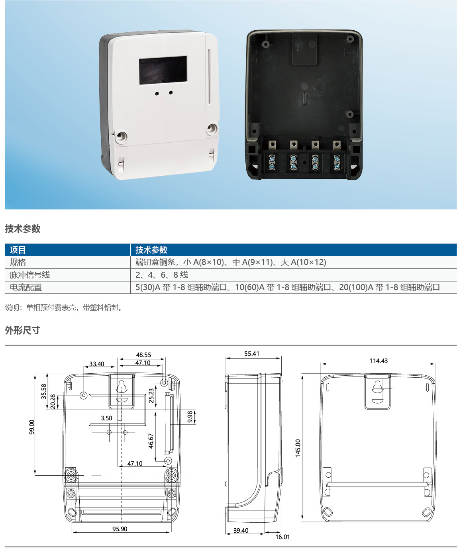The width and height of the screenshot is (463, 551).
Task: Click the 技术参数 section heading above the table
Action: (x=23, y=229)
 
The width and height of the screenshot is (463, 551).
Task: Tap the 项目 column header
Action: (x=18, y=250)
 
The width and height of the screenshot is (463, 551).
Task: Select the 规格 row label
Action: (x=18, y=262)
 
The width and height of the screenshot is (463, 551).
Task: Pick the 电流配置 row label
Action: (x=26, y=287)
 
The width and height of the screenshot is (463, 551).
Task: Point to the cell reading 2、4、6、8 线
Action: (x=162, y=275)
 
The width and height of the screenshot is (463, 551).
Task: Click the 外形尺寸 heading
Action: (x=23, y=330)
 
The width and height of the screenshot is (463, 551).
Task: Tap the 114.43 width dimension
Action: (x=378, y=361)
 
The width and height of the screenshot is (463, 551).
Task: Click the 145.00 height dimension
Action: (x=298, y=448)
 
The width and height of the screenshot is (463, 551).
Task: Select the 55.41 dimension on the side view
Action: (x=252, y=353)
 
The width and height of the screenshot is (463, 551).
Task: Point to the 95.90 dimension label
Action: (x=120, y=529)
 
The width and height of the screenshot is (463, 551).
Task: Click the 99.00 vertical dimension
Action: (x=32, y=427)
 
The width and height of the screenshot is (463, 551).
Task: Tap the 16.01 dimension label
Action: (x=283, y=537)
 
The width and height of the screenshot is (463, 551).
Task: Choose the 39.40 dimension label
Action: (x=241, y=530)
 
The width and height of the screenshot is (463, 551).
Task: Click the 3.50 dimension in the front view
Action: (x=106, y=418)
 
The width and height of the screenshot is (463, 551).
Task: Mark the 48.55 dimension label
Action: (x=143, y=355)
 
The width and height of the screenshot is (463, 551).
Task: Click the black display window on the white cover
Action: (x=163, y=70)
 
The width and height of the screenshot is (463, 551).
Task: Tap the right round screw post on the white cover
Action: (x=212, y=129)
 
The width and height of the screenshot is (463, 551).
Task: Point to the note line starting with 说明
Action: (x=64, y=308)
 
